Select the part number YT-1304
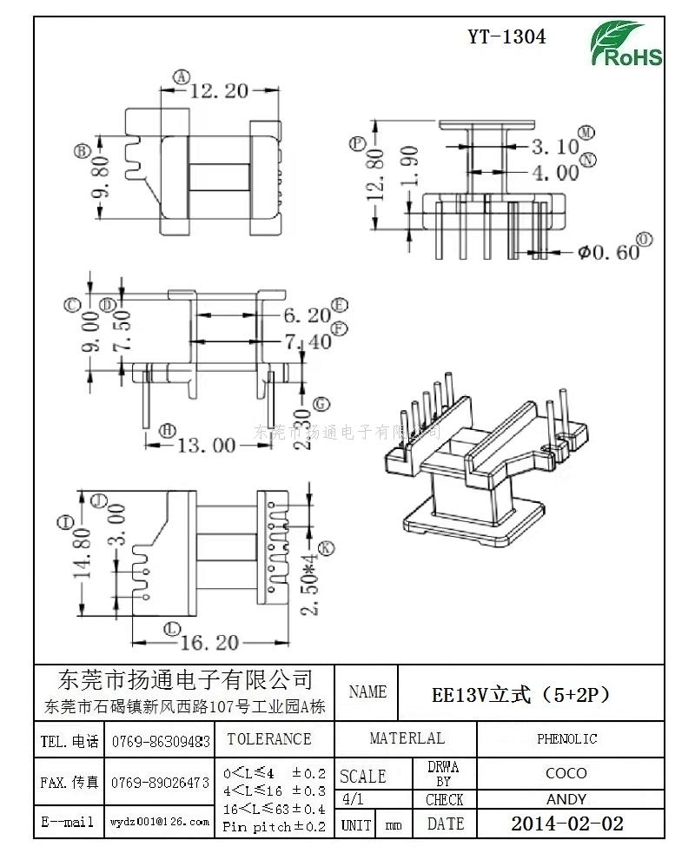tap(506, 36)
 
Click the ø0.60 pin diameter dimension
tap(606, 252)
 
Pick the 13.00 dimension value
tap(206, 446)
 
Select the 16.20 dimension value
tap(208, 643)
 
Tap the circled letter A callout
tap(181, 77)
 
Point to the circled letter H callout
tap(168, 431)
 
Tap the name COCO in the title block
tap(566, 772)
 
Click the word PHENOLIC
tap(566, 739)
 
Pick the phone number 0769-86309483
tap(160, 742)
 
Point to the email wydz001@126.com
tap(159, 821)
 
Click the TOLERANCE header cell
tap(268, 739)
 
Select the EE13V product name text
tap(520, 695)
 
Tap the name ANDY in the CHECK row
tap(566, 799)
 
